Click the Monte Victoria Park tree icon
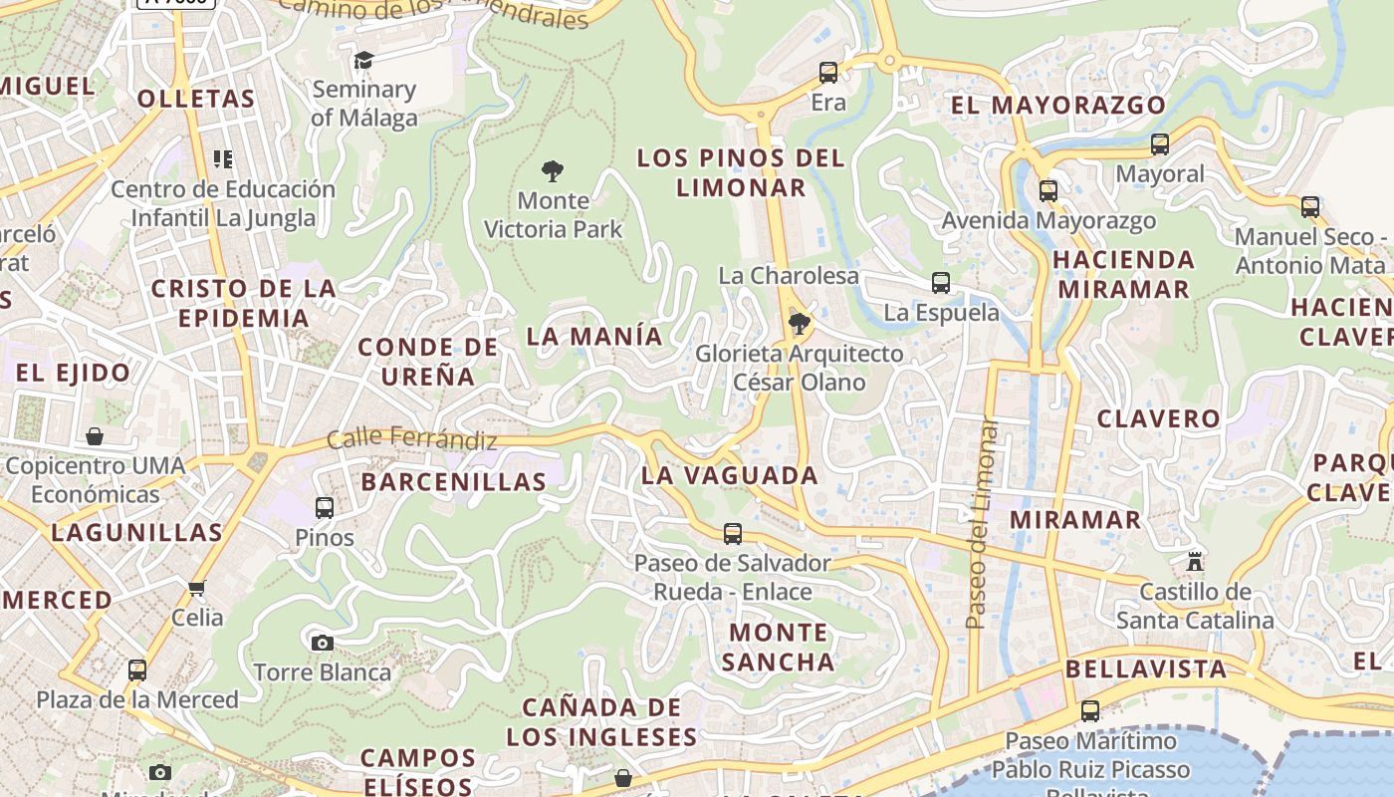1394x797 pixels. click(x=553, y=170)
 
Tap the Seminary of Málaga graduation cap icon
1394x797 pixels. click(x=363, y=60)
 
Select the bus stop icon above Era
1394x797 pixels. click(x=828, y=73)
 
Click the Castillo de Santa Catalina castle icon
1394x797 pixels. click(x=1195, y=562)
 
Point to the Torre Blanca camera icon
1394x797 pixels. click(x=322, y=643)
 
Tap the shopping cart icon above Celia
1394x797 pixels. click(x=197, y=588)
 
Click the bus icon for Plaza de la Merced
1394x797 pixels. click(x=137, y=670)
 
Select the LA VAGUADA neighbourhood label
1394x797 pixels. click(x=730, y=475)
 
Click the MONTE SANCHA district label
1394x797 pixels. click(x=778, y=647)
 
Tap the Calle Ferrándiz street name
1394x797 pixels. click(x=411, y=437)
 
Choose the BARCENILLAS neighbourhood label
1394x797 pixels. click(x=454, y=482)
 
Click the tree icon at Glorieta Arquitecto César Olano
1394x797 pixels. click(x=799, y=324)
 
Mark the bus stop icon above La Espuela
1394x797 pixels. click(x=941, y=283)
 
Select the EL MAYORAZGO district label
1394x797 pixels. click(x=1057, y=105)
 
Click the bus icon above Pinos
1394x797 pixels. click(x=325, y=508)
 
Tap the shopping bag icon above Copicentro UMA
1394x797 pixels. click(x=95, y=436)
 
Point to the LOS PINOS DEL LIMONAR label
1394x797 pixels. click(x=741, y=172)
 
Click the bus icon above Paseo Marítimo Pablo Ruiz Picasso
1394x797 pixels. click(x=1090, y=711)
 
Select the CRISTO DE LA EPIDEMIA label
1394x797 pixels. click(x=244, y=303)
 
